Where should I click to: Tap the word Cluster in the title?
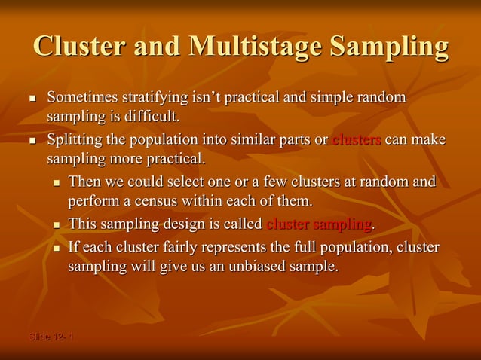(x=82, y=47)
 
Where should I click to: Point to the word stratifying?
(x=160, y=98)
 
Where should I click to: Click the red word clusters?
(x=357, y=140)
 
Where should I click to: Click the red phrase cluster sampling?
(x=319, y=224)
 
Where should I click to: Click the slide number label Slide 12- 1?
(x=51, y=336)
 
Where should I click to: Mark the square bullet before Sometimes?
(x=32, y=99)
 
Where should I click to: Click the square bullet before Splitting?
(x=32, y=141)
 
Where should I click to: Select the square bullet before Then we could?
(x=57, y=183)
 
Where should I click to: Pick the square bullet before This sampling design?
(x=57, y=225)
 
